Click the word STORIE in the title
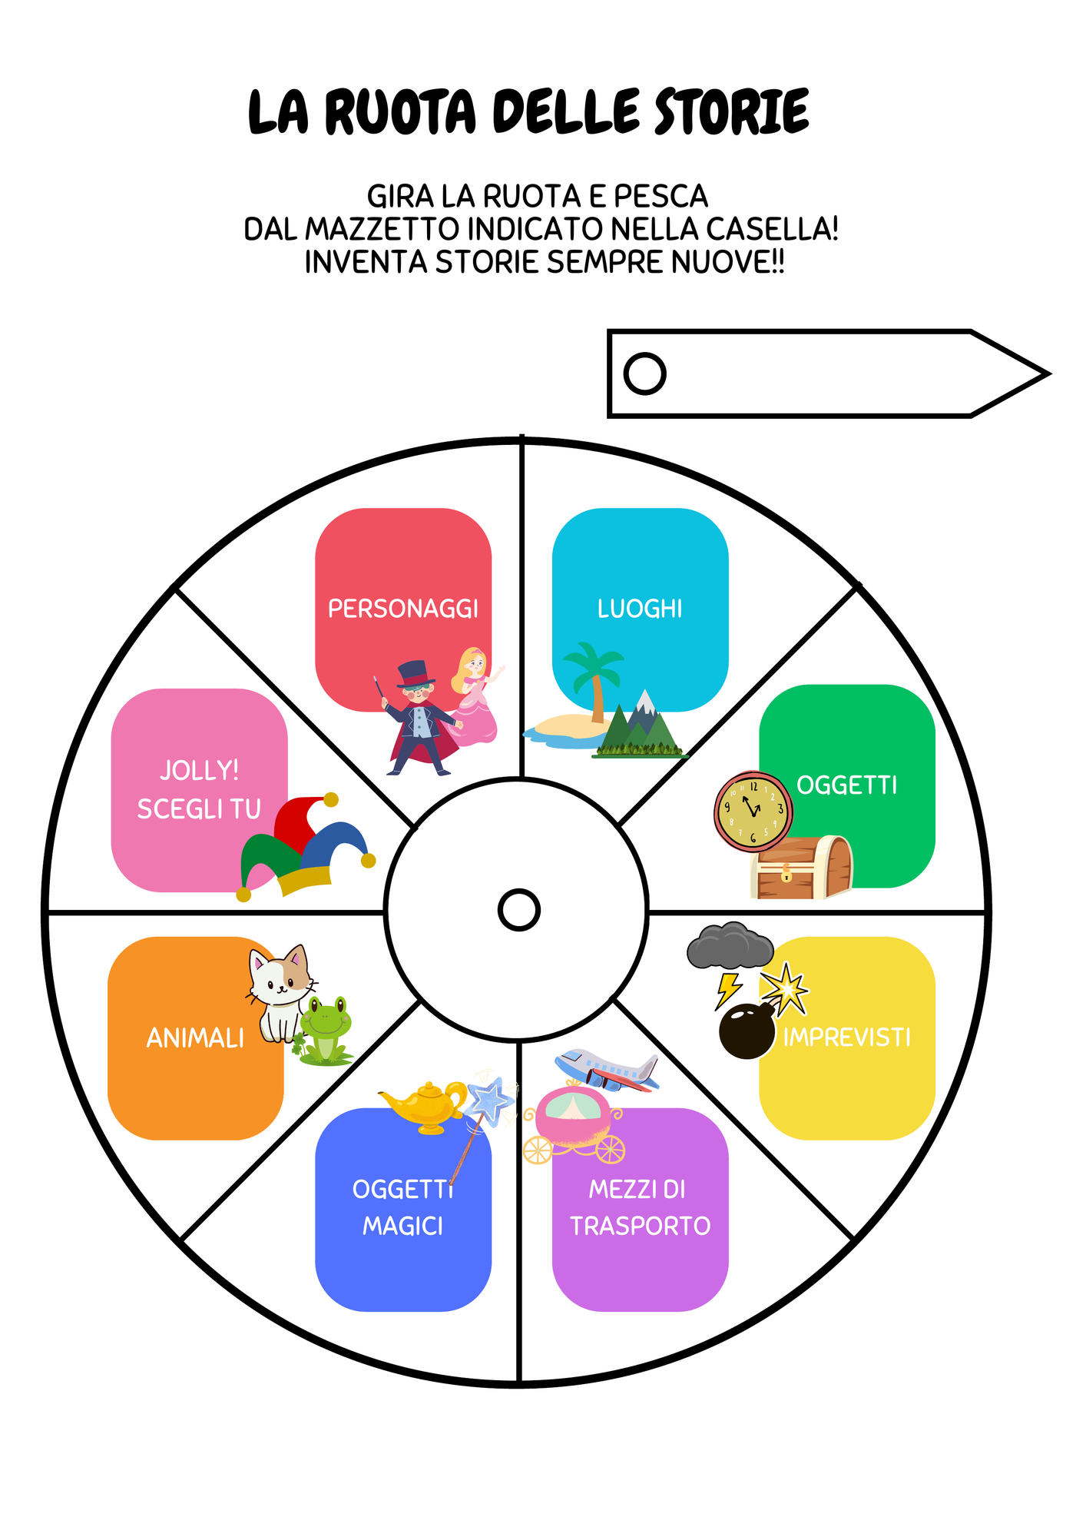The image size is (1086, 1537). pos(732,112)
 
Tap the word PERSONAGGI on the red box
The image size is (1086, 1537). pos(403,609)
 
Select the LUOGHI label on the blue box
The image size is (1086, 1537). pos(640,609)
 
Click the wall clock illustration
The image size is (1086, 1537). pos(753,812)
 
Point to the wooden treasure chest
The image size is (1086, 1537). pos(801,868)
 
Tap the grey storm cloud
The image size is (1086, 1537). pos(730,945)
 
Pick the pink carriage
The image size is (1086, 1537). pos(574,1125)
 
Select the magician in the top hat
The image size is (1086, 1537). pos(421,718)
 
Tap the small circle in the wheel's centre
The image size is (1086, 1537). pos(519,910)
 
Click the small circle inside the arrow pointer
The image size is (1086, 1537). pos(644,374)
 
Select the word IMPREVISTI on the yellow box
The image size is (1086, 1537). pos(847,1037)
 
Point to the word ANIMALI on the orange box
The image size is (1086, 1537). pos(195,1038)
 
